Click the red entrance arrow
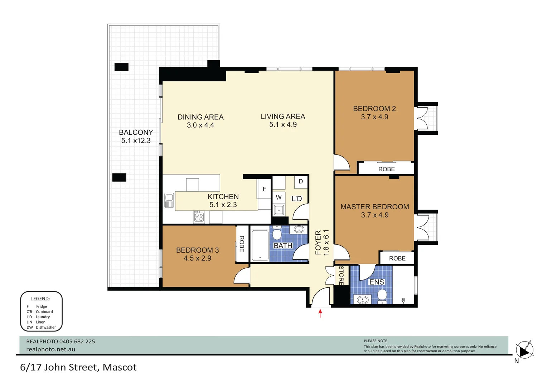coord(320,313)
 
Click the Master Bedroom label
coord(374,207)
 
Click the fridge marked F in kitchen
coord(264,189)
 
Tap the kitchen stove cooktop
coord(199,217)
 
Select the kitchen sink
coord(169,200)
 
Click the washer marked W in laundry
coord(279,197)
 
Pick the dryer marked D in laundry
coord(301,182)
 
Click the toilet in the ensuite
coord(382,296)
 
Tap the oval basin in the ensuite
coord(363,300)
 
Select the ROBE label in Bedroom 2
coord(386,169)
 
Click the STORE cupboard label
coord(341,275)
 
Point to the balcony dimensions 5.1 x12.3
coord(136,140)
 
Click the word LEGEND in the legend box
coord(40,298)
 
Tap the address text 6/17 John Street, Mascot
coord(78,367)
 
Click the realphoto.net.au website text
coord(50,349)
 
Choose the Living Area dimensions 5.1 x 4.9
coord(283,125)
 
